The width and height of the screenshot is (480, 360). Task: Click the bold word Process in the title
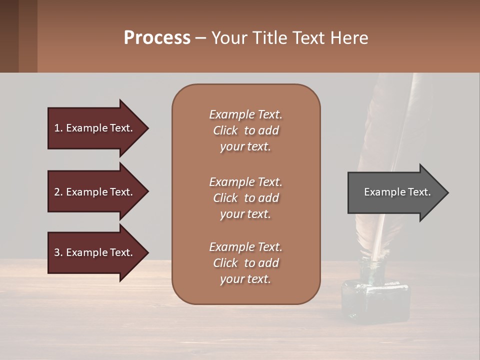(157, 38)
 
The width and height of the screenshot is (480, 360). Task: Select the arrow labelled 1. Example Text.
(95, 128)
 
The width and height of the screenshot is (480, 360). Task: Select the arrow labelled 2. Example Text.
(95, 192)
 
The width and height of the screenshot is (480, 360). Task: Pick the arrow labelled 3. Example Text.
(95, 252)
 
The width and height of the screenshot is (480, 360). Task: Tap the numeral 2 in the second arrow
(57, 192)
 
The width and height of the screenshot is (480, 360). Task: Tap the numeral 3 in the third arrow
(57, 252)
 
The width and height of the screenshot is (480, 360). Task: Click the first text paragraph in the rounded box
(245, 130)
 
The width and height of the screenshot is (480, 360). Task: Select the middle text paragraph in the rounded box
(245, 198)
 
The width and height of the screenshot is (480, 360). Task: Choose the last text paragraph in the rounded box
(245, 263)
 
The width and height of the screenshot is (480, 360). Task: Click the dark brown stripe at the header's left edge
(9, 36)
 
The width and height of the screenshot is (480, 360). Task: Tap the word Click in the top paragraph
(225, 130)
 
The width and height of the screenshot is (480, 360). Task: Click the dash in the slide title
(201, 38)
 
